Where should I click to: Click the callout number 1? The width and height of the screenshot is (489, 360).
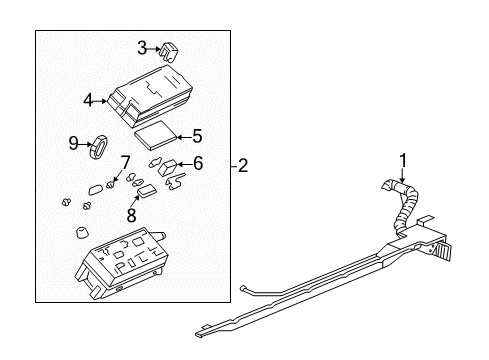click(403, 158)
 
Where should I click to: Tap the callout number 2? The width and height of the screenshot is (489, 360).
click(243, 167)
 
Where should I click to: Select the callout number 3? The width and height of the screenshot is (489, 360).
click(142, 46)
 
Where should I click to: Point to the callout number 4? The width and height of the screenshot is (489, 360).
click(87, 99)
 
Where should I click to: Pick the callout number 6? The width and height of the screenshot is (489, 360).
click(198, 163)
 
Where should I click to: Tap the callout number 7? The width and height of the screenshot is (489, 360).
click(125, 162)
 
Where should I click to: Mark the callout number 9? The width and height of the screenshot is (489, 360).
click(74, 144)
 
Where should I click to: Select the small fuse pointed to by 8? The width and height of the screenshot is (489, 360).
click(146, 189)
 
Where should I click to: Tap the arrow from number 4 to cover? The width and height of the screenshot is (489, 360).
click(104, 99)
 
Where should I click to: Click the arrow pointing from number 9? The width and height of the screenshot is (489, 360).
click(87, 144)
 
